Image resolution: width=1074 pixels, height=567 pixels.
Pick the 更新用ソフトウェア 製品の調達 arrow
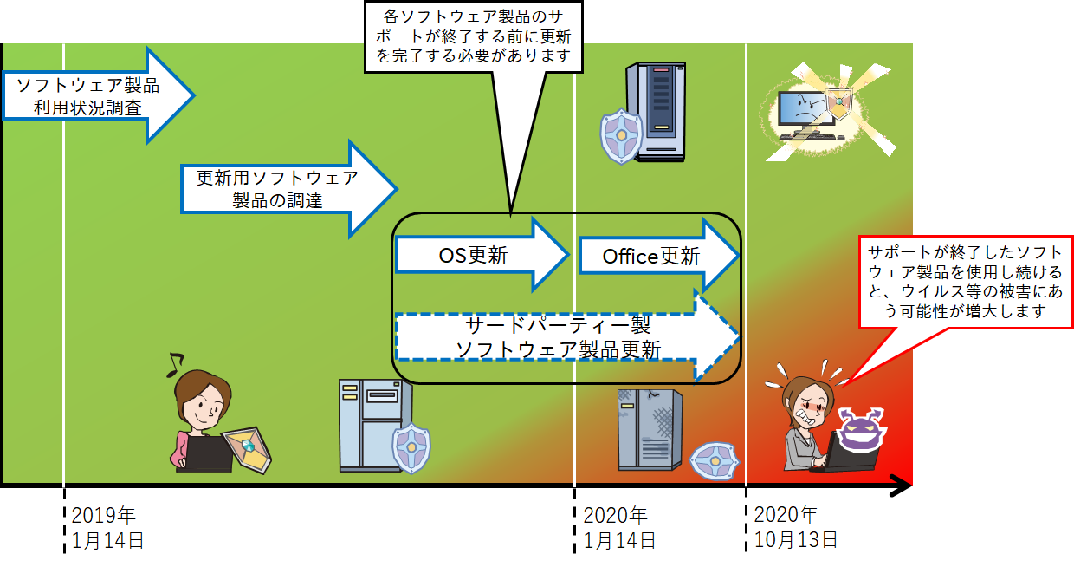click(288, 189)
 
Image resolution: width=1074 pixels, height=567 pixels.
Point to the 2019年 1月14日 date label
click(107, 528)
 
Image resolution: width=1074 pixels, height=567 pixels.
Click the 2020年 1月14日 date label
click(619, 528)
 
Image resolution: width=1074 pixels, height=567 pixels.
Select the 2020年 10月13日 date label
click(795, 527)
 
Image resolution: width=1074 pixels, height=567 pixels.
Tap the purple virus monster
click(861, 429)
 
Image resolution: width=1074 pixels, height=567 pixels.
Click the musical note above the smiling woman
click(175, 365)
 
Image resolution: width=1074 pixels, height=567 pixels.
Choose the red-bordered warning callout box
click(966, 282)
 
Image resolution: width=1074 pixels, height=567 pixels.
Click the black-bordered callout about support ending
click(473, 37)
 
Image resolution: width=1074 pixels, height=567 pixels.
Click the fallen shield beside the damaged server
click(715, 461)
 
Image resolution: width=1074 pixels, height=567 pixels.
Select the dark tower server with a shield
click(656, 112)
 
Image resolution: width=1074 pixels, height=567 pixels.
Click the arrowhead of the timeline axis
click(902, 486)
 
